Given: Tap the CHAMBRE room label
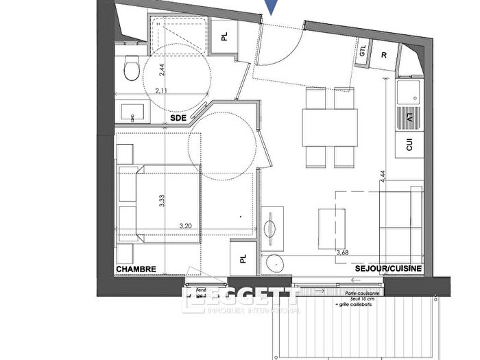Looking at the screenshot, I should click(136, 269).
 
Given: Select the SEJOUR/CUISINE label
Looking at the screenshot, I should click(388, 268).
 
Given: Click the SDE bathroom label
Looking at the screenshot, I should click(178, 118).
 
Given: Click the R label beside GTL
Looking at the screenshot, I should click(384, 53).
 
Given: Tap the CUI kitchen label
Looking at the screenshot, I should click(409, 146).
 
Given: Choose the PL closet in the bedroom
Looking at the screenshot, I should click(243, 259).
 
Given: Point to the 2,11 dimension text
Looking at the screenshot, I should click(162, 90).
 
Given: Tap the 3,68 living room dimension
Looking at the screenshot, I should click(341, 252).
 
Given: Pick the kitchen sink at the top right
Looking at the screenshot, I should click(409, 95).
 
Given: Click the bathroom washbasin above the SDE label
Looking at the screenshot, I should click(130, 112).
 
